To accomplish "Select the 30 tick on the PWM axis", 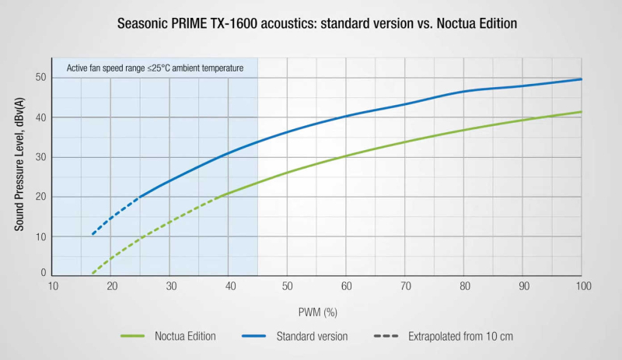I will pos(169,286).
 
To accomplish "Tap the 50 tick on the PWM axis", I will pos(287,286).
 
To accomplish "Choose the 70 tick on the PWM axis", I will pos(405,286).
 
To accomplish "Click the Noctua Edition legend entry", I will pos(168,336).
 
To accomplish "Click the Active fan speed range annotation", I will pos(155,68).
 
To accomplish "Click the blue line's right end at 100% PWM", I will pos(581,79).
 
